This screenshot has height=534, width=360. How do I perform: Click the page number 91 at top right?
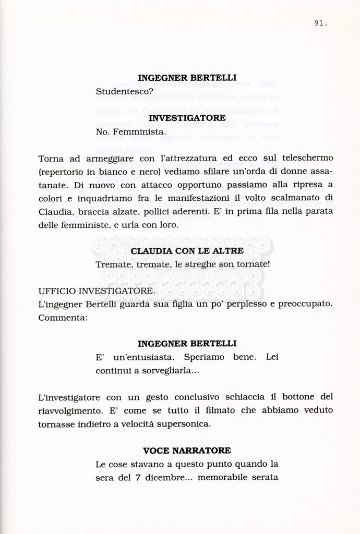pos(320,23)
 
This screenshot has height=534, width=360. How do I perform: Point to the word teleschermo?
pos(307,157)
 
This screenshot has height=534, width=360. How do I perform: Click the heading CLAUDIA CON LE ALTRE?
pos(187,251)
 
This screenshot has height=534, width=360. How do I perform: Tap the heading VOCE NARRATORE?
pos(187,450)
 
